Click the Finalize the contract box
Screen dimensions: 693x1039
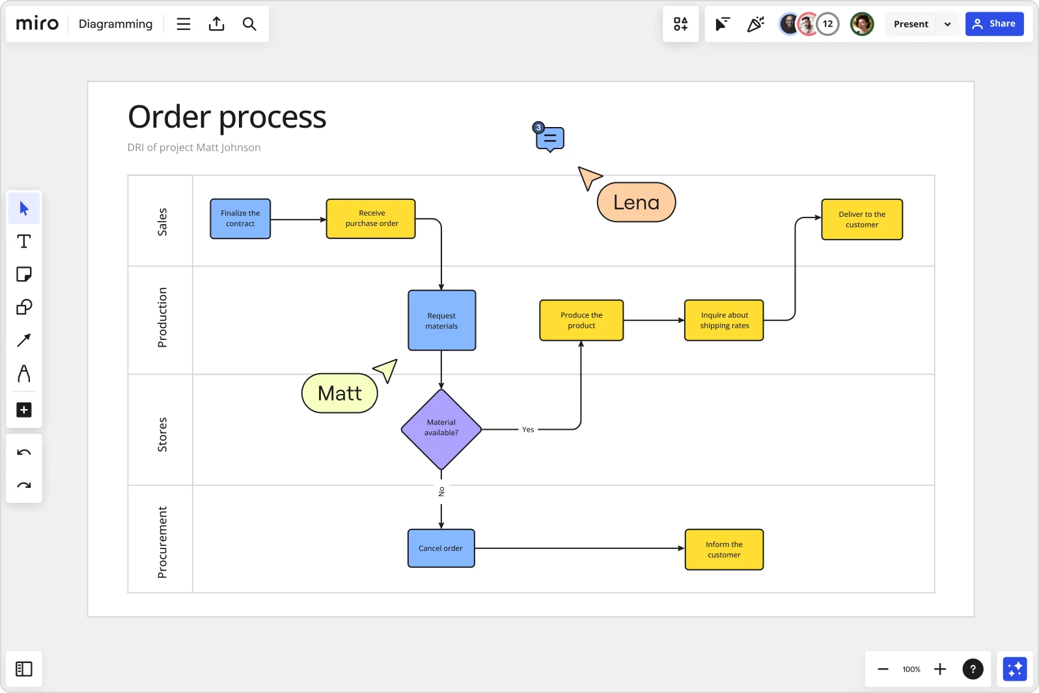[240, 219]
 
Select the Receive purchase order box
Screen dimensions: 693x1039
[371, 219]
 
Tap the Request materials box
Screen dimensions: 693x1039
[442, 320]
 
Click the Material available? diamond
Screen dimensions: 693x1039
[441, 429]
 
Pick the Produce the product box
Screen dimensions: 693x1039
[581, 320]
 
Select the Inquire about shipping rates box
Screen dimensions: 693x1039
[724, 320]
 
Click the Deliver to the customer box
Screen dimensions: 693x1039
[862, 219]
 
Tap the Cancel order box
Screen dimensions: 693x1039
[441, 548]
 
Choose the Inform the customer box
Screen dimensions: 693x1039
[724, 550]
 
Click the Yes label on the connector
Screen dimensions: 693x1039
[528, 430]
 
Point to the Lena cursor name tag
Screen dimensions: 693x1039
[636, 203]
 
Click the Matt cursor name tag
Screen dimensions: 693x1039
[340, 393]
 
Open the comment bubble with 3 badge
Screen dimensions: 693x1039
[550, 139]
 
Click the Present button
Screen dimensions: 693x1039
[910, 24]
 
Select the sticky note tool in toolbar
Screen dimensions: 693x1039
[24, 274]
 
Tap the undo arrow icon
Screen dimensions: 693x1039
[24, 453]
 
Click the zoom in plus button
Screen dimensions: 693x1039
[940, 669]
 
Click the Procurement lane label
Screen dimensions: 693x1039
[162, 542]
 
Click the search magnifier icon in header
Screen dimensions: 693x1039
[249, 24]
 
